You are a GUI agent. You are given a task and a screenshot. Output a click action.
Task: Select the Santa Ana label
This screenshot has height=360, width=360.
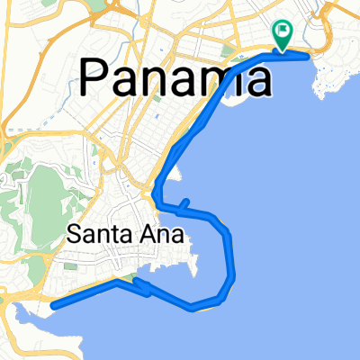pos(125,236)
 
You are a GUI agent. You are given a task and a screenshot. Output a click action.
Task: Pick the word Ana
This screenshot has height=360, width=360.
pos(165,236)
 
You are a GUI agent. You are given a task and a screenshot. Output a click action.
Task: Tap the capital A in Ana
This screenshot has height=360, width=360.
pos(151,236)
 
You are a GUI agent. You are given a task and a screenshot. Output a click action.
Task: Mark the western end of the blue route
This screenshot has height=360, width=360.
pos(53,305)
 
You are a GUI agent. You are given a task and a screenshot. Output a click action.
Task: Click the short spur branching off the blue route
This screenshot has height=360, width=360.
pos(183,205)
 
